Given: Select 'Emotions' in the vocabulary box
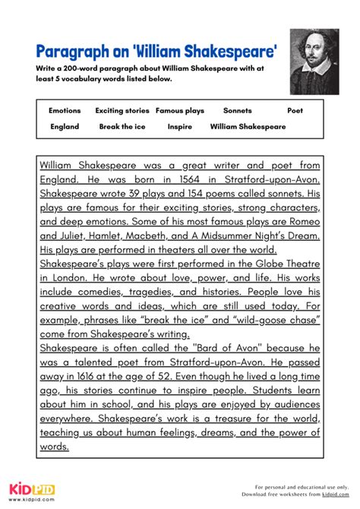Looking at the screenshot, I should [x=65, y=111].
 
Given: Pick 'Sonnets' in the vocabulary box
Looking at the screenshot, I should [x=237, y=111].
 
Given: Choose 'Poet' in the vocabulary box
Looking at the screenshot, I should [x=295, y=111].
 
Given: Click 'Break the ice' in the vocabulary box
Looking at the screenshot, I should [x=122, y=127].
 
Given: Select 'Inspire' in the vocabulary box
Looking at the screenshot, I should [x=179, y=127].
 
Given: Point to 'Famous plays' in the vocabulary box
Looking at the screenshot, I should [x=180, y=111].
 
